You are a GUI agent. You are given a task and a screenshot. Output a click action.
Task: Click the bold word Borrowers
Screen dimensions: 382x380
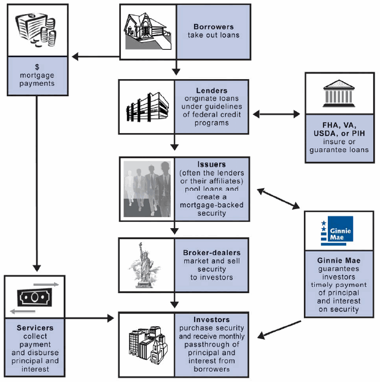point(213,27)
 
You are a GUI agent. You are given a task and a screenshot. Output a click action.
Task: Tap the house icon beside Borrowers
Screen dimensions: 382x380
point(147,31)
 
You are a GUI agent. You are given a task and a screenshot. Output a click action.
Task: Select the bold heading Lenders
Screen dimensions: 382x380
point(211,91)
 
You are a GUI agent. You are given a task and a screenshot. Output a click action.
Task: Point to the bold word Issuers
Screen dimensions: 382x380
point(211,165)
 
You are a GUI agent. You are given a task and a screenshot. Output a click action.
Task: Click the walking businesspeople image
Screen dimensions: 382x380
point(147,189)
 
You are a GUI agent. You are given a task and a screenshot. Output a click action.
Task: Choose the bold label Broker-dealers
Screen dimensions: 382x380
point(212,252)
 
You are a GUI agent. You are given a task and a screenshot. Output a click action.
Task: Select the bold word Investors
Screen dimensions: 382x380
point(212,319)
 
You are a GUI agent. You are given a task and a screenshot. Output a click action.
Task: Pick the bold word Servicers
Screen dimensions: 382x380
point(35,327)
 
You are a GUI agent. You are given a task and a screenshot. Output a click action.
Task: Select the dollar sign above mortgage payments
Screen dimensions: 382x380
point(36,65)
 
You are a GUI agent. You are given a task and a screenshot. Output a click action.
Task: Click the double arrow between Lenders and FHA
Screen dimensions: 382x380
point(276,114)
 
